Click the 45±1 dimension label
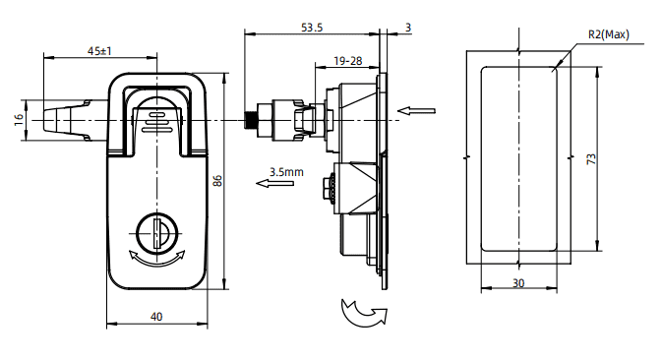[x=99, y=51]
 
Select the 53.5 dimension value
[x=312, y=28]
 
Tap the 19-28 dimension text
[x=348, y=61]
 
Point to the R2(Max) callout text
[x=609, y=34]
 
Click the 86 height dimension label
[x=217, y=181]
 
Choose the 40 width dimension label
[x=156, y=317]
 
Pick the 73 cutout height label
[x=591, y=159]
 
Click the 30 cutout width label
[x=518, y=283]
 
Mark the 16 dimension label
[x=19, y=120]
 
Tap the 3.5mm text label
[x=286, y=172]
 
